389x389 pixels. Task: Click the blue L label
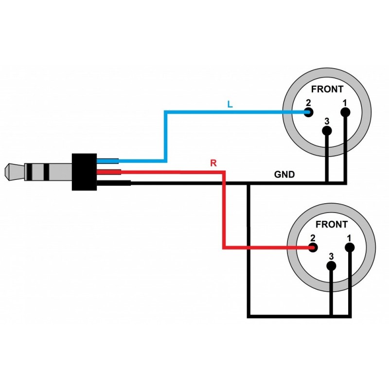(x=230, y=104)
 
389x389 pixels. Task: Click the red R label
(x=212, y=163)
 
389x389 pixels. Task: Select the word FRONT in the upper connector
(x=327, y=89)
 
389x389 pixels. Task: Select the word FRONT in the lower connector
(x=332, y=225)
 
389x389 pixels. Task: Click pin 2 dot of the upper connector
(x=309, y=113)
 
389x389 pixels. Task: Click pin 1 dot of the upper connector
(x=345, y=113)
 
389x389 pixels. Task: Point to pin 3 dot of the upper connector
(x=327, y=131)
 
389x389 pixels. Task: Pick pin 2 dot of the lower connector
(x=314, y=248)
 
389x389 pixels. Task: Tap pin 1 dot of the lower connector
(x=350, y=248)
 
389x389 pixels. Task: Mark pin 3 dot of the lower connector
(x=332, y=265)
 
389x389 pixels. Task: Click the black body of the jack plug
(x=84, y=172)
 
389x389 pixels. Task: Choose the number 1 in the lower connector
(x=350, y=238)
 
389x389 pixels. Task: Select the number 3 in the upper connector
(x=327, y=121)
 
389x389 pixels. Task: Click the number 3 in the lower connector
(x=332, y=256)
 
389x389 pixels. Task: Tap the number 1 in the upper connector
(x=345, y=103)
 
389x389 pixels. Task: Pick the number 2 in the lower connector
(x=313, y=238)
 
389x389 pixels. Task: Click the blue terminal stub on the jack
(x=108, y=161)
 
